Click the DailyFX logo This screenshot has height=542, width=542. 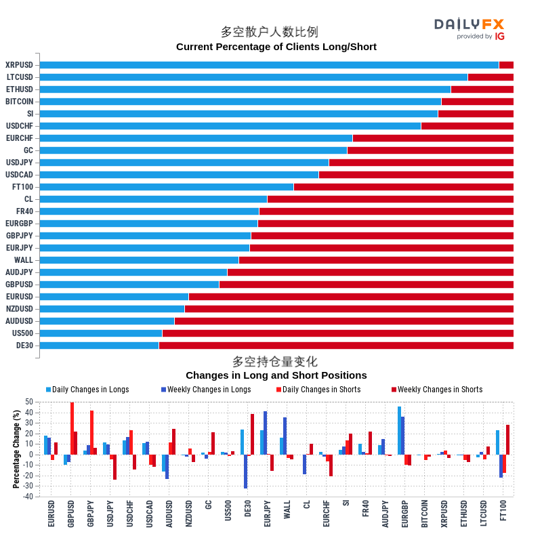[470, 28]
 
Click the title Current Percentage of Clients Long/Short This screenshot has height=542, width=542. [276, 47]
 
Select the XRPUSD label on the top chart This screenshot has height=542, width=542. [19, 65]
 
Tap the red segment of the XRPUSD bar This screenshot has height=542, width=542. [506, 65]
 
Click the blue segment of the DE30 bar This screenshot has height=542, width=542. [99, 346]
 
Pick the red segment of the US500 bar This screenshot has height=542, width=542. [337, 333]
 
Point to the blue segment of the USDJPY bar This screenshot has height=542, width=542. [184, 163]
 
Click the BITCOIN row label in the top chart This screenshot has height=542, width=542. [20, 102]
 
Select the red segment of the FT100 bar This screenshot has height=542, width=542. [403, 187]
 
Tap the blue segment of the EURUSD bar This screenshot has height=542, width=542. [114, 297]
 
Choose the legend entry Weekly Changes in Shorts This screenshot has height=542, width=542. [440, 390]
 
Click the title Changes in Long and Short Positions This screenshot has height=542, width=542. [276, 375]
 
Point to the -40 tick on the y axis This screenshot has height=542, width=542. [28, 497]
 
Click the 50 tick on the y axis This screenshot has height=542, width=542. [29, 402]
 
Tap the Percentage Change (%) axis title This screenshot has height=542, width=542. [16, 449]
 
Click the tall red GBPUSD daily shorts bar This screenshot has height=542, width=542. [72, 428]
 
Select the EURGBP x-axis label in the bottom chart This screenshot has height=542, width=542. [405, 514]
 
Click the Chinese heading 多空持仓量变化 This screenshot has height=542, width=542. [274, 362]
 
